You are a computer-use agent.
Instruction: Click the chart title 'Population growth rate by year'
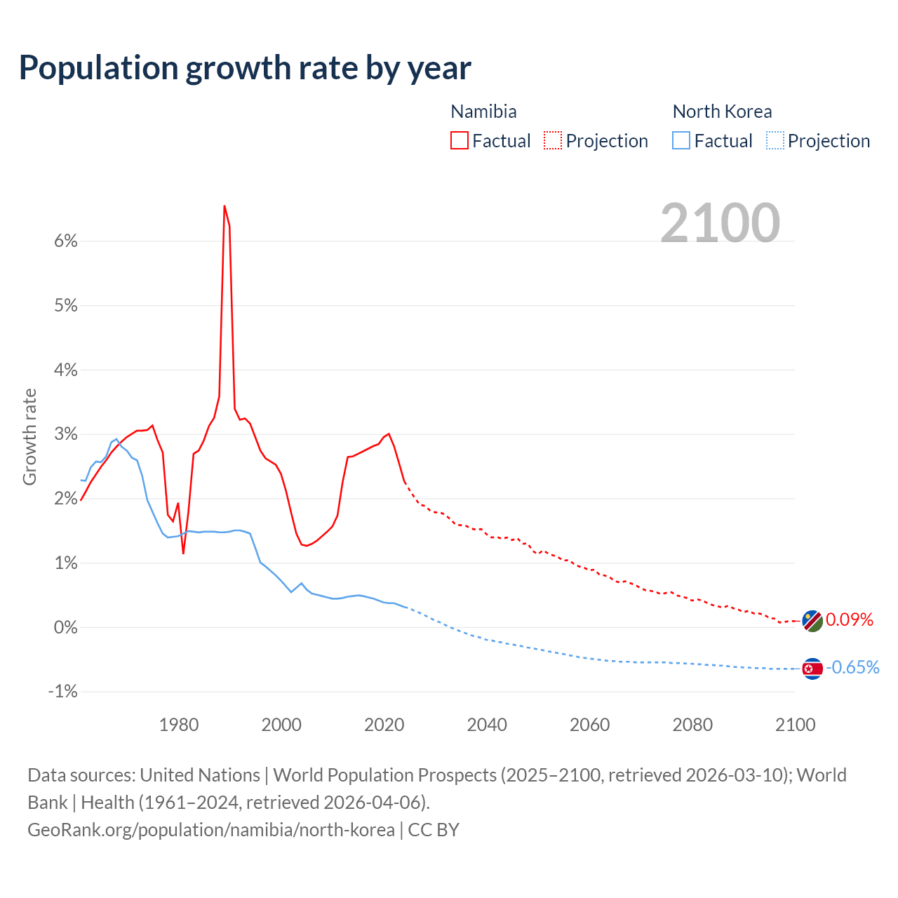(245, 68)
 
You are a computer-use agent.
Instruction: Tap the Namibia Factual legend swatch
(460, 140)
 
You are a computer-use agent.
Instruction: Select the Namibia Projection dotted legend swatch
(553, 140)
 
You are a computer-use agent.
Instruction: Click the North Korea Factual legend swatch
(681, 140)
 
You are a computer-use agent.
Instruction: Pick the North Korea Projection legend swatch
(775, 140)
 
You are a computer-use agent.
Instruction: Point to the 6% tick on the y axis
(65, 241)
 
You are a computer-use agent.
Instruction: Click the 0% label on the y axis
(65, 627)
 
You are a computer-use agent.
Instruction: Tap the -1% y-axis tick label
(62, 692)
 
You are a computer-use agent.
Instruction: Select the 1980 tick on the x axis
(179, 725)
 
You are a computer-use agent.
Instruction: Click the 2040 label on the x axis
(487, 725)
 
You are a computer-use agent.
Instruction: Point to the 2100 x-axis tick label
(795, 725)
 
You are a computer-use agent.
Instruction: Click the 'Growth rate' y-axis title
(29, 436)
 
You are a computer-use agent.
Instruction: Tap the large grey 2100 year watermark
(720, 223)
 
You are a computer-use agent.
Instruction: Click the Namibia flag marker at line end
(812, 621)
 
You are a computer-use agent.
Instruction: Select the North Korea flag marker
(812, 669)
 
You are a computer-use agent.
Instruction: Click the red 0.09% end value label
(850, 619)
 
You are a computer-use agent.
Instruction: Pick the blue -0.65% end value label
(852, 667)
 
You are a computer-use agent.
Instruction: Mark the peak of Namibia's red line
(224, 206)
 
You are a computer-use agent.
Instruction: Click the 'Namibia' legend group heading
(483, 112)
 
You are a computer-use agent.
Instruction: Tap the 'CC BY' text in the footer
(434, 830)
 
